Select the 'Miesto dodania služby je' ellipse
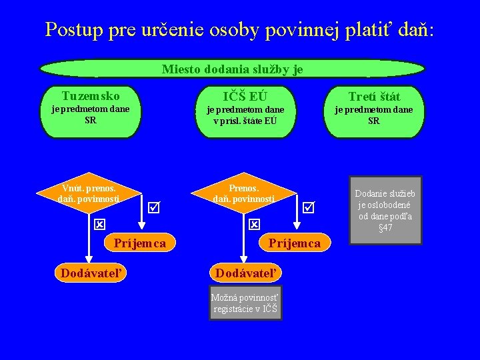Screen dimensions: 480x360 [232, 69]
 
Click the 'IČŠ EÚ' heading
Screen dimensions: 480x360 [245, 97]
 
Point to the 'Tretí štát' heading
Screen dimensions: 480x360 [374, 97]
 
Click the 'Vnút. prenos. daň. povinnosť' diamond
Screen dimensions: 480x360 [89, 193]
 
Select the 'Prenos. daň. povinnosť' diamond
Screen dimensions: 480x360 [243, 193]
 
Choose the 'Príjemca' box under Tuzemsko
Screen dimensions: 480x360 [139, 243]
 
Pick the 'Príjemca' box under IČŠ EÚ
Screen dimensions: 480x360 [294, 243]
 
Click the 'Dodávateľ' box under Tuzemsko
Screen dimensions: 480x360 [90, 273]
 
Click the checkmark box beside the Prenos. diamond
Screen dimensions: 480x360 [308, 208]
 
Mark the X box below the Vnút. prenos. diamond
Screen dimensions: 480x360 [99, 225]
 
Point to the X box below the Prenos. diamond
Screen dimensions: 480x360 [254, 225]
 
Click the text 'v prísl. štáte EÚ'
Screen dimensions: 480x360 [245, 121]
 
